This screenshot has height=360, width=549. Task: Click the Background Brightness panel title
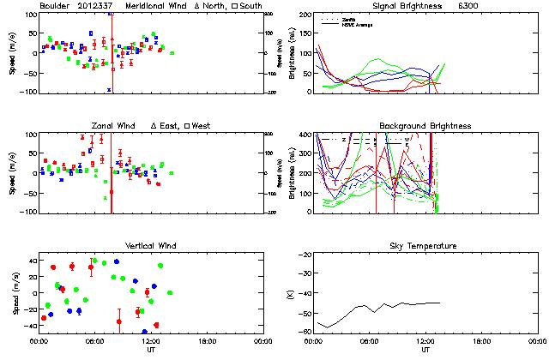coord(425,126)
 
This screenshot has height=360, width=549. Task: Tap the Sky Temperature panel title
coord(425,246)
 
